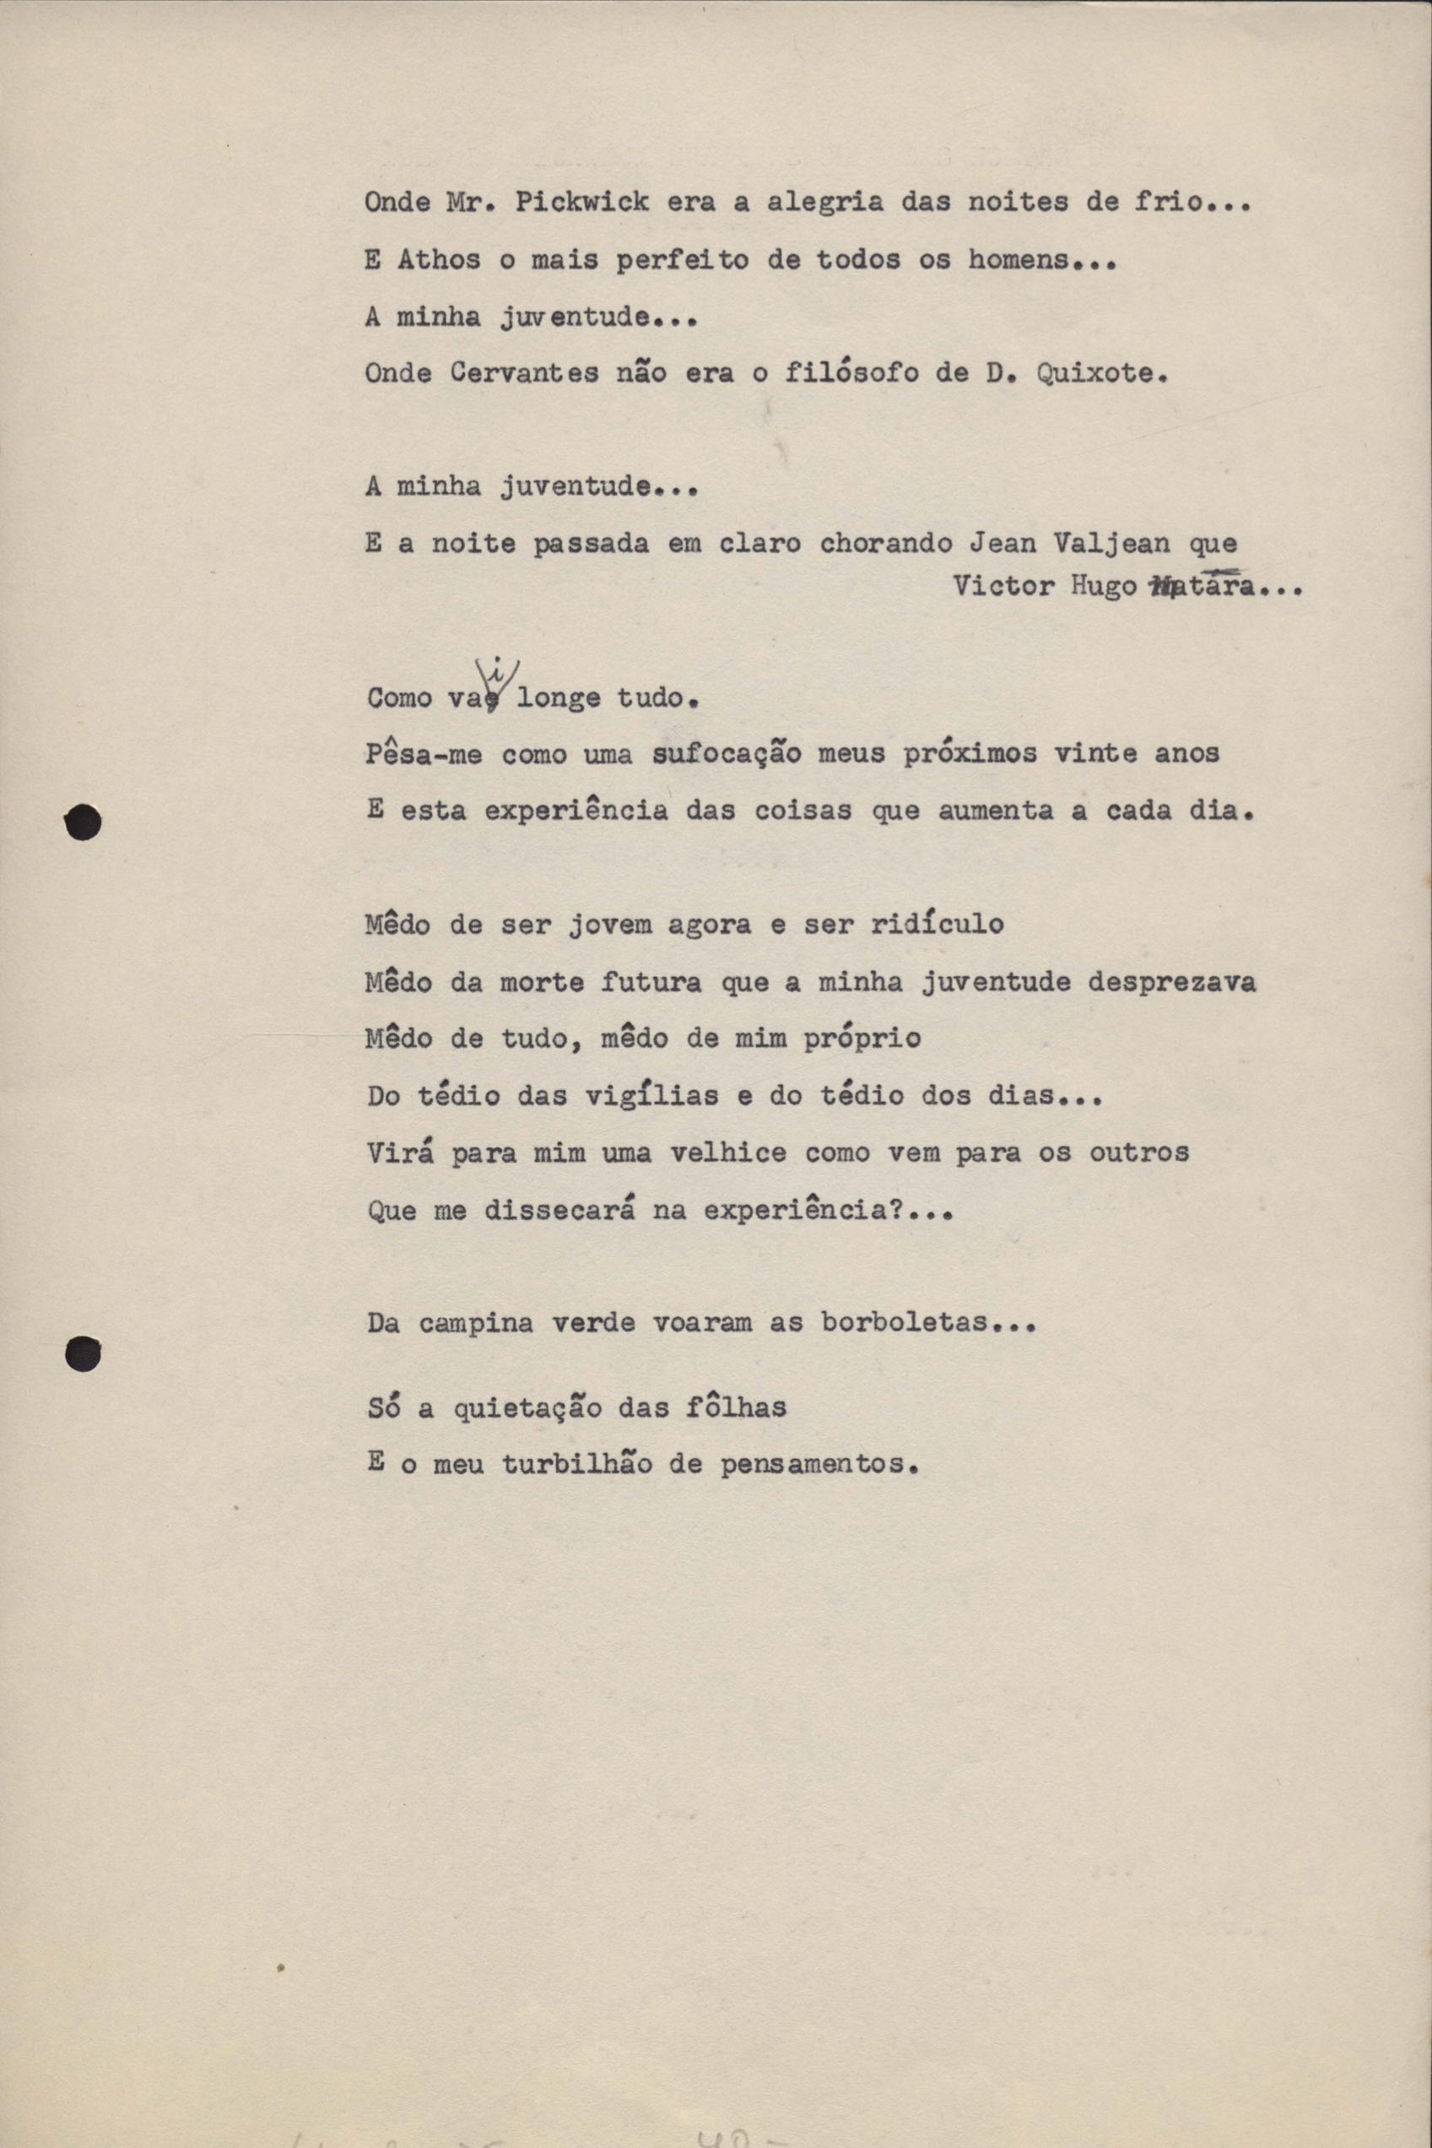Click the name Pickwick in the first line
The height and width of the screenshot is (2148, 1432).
point(581,202)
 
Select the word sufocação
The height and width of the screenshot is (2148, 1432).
point(728,754)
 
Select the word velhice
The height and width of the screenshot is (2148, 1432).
point(728,1153)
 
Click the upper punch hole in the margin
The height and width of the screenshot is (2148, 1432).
point(83,822)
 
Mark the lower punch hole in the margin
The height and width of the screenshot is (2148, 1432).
point(83,1353)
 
